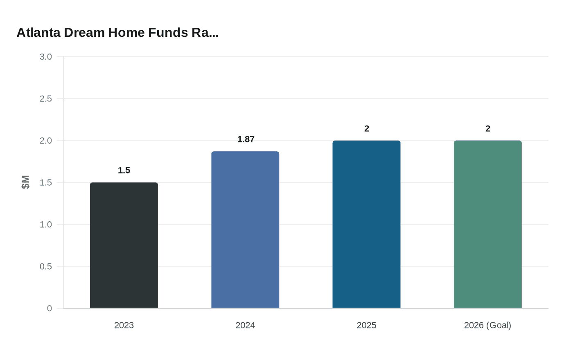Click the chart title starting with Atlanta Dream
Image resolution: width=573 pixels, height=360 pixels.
coord(117,33)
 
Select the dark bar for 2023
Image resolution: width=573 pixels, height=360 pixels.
coord(124,245)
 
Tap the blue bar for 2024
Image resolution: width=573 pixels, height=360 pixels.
coord(245,230)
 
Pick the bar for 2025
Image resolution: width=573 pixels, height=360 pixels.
coord(366,224)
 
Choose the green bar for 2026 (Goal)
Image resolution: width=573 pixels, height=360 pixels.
coord(487,224)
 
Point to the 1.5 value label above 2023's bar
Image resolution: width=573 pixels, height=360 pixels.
coord(124,170)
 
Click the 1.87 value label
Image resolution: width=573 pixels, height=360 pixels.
coord(246,139)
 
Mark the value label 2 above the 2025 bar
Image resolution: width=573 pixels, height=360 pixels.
coord(367,128)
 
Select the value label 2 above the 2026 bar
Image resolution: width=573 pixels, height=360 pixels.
coord(488,128)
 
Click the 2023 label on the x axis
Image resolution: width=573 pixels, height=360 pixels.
coord(124,325)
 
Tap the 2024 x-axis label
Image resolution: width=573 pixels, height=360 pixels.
coord(245,325)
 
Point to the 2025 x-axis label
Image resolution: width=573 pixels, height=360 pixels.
coord(366,325)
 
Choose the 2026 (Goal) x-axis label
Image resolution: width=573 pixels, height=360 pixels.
coord(487,325)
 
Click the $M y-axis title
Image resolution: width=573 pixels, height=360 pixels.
coord(25,182)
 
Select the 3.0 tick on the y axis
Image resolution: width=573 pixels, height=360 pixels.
coord(46,57)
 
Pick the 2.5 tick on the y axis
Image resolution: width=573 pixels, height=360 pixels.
coord(46,99)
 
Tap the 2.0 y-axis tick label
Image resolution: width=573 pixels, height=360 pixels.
coord(46,141)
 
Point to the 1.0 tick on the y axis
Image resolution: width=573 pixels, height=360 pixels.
coord(46,225)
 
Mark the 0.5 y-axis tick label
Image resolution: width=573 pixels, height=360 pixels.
coord(46,266)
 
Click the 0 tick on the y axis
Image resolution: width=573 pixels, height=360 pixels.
coord(50,308)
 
